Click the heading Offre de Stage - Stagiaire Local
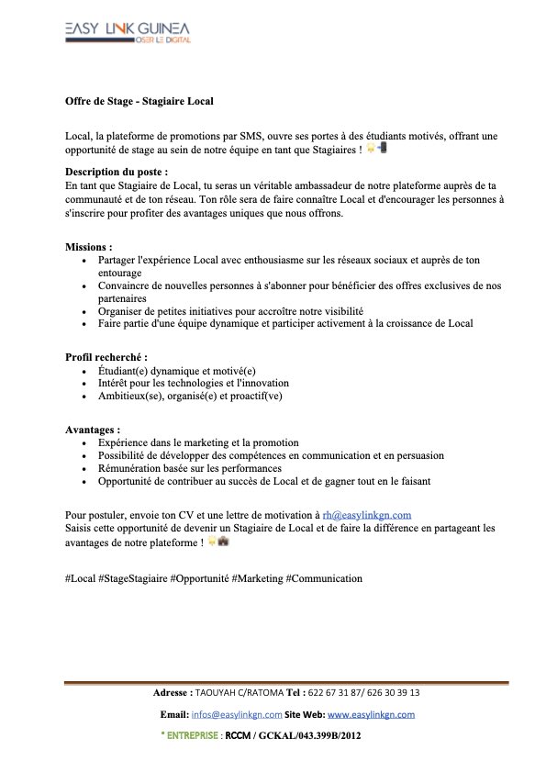coord(139,100)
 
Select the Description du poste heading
coord(117,172)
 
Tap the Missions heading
coord(88,248)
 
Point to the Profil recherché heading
coord(106,357)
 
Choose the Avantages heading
coord(92,430)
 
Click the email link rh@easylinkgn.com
coord(366,515)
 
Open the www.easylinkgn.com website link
coord(371,714)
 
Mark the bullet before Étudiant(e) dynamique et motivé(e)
coord(85,371)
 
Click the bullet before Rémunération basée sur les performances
coord(85,468)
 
